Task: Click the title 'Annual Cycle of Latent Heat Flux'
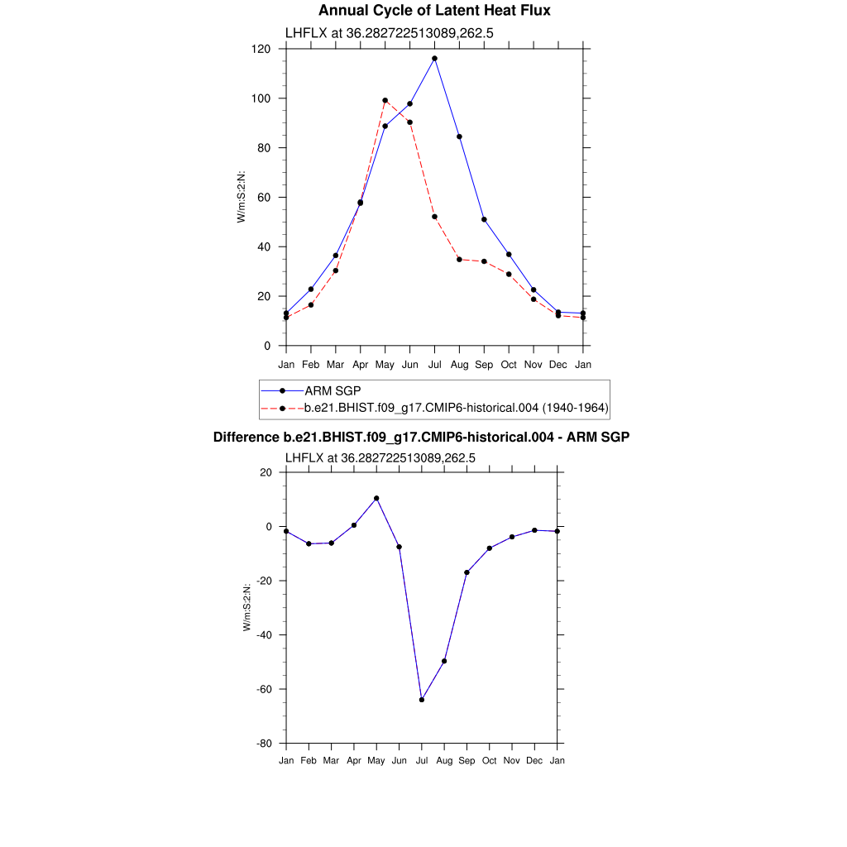434,11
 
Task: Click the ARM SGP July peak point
434,59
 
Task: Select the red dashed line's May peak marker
385,100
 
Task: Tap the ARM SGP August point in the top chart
459,136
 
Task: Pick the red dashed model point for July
434,217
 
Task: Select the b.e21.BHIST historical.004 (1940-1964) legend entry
457,407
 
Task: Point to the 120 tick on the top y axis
263,49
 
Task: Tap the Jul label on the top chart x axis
434,364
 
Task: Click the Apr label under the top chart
360,364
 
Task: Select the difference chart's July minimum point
422,700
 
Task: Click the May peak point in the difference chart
376,498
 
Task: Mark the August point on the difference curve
444,661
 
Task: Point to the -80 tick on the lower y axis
264,744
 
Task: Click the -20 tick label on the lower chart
264,581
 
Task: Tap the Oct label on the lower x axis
490,760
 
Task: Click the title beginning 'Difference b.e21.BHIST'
421,437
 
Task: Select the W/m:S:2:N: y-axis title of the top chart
242,197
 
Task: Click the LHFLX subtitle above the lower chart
380,457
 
